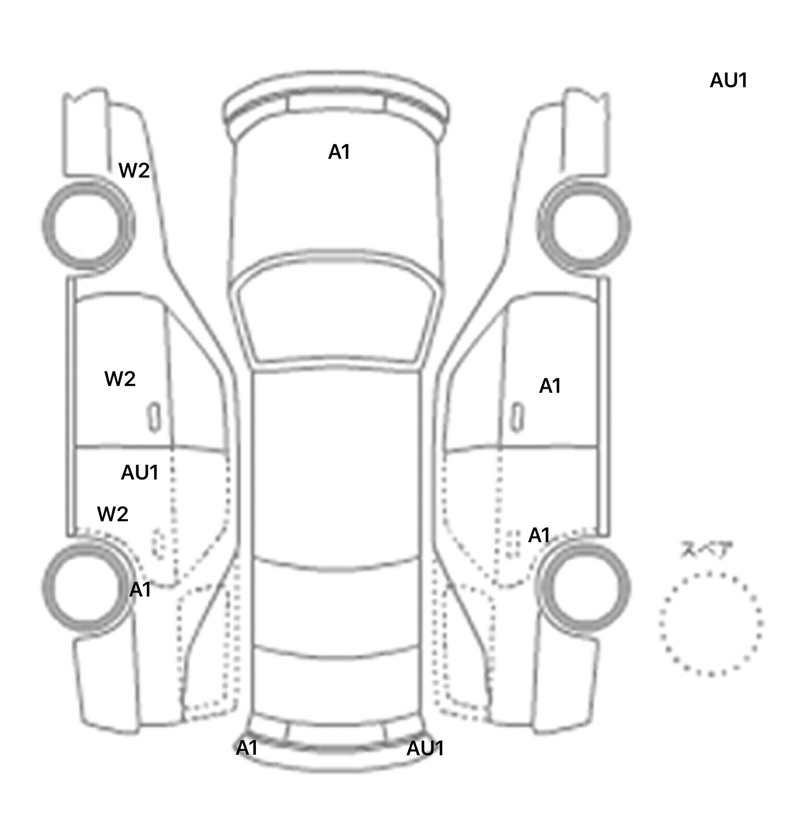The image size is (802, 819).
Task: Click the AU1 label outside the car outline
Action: click(x=728, y=81)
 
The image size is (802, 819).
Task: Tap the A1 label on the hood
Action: click(x=339, y=153)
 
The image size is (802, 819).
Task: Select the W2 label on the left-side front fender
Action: click(x=134, y=171)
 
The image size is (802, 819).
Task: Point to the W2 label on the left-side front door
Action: click(x=120, y=379)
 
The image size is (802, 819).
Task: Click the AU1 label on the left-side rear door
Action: click(x=139, y=473)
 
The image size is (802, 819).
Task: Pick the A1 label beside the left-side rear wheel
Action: click(x=140, y=590)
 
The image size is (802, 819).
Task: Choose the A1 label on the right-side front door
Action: click(x=550, y=387)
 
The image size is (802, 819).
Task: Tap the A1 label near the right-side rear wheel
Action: click(x=539, y=535)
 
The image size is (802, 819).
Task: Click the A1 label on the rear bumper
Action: click(x=247, y=748)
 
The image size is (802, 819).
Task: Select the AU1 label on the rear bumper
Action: click(x=425, y=748)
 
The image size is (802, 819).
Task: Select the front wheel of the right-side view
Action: click(x=583, y=226)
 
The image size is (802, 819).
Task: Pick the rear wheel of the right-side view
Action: click(x=583, y=586)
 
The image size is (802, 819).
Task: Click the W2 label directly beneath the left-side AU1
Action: click(x=113, y=514)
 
